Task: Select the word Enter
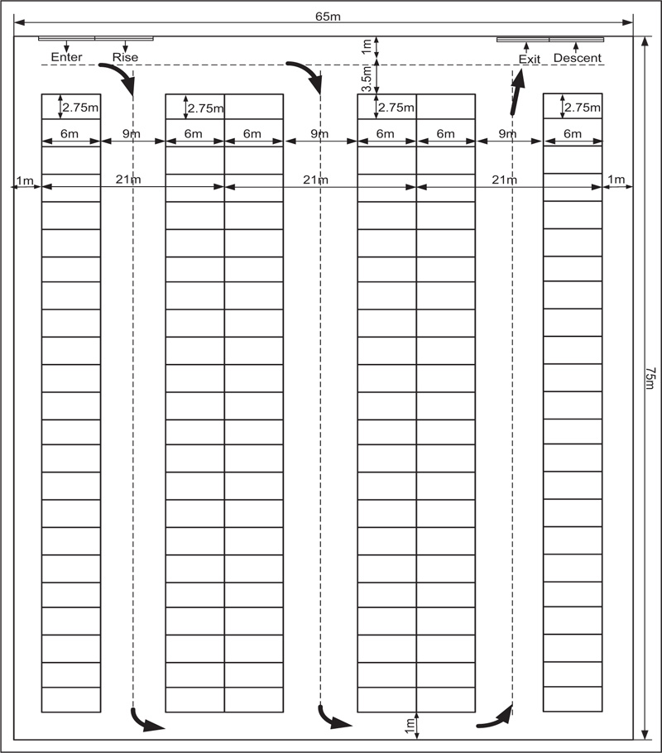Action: click(66, 57)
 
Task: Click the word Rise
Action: click(125, 57)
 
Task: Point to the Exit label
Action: click(529, 58)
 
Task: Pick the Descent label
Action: click(577, 58)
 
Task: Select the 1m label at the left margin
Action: click(25, 180)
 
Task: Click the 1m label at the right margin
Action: click(617, 180)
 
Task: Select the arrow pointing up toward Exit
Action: click(518, 90)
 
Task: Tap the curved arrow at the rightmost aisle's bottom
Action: click(494, 717)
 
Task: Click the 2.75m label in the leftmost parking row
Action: click(81, 108)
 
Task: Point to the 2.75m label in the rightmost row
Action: click(583, 108)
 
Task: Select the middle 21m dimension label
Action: click(314, 180)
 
